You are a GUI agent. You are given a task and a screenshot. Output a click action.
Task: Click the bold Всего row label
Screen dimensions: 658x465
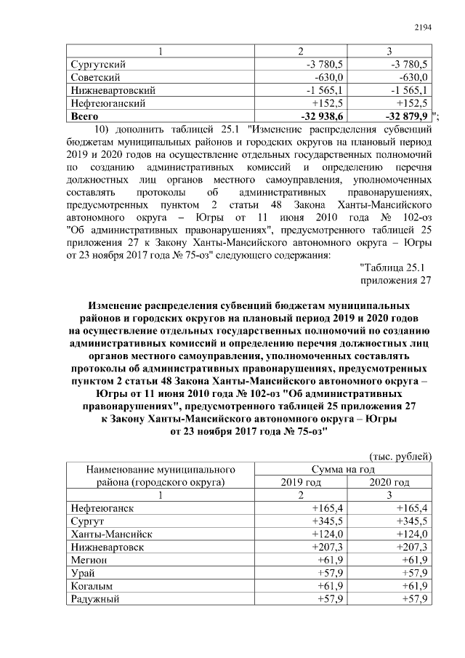coord(84,116)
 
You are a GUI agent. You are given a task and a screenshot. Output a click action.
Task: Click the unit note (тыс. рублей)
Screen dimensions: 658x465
coord(402,456)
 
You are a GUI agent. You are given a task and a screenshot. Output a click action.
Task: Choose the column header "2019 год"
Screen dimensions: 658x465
coord(301,482)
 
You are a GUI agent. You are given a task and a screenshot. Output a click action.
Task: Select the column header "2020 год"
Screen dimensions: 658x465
coord(389,482)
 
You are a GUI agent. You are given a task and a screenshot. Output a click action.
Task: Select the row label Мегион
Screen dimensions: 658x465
coord(89,561)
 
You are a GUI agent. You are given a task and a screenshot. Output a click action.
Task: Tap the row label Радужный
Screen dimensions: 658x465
coord(95,600)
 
